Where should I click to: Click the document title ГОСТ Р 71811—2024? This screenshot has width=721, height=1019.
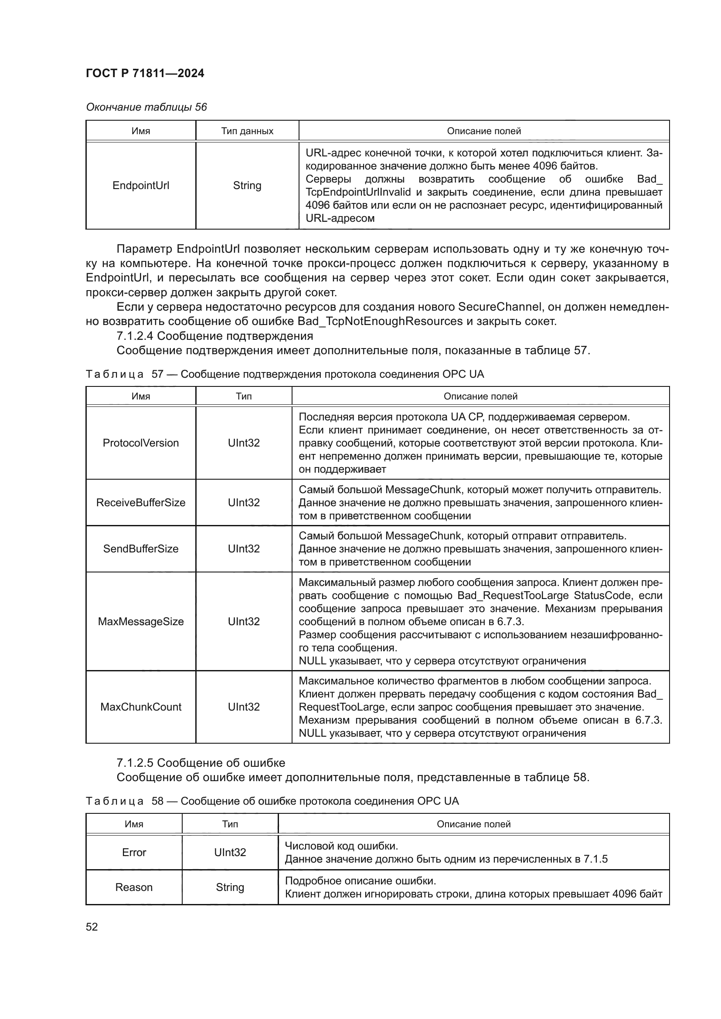(145, 74)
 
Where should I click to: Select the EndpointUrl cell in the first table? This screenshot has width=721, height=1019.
(141, 186)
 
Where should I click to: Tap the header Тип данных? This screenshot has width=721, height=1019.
(247, 131)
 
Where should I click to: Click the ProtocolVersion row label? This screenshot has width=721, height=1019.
(141, 443)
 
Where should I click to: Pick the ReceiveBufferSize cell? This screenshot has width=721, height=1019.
(141, 502)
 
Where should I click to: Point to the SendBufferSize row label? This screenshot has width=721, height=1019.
(141, 548)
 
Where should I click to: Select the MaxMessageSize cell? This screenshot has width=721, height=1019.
(141, 621)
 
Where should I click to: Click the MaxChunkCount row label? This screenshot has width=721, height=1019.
(141, 707)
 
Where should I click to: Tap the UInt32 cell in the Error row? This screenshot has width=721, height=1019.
(230, 852)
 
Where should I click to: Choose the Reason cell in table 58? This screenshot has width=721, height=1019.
(134, 887)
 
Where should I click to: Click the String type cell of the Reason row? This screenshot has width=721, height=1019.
(230, 887)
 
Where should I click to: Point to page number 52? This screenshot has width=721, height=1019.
(92, 927)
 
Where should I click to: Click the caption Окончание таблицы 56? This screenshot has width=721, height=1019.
(146, 107)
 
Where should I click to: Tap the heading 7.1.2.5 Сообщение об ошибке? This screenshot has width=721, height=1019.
(201, 762)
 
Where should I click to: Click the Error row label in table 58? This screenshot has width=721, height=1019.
(134, 852)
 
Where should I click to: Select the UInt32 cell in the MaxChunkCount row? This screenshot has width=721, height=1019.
(244, 707)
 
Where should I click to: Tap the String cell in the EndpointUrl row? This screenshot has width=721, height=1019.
(247, 186)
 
